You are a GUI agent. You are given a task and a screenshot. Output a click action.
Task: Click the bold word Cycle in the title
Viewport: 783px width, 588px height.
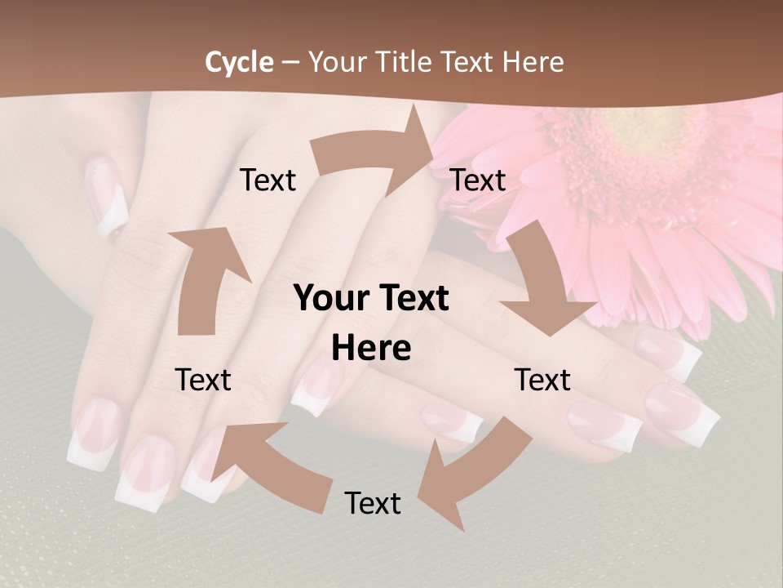[239, 62]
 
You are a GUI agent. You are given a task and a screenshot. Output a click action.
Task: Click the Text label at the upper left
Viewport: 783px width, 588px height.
[268, 180]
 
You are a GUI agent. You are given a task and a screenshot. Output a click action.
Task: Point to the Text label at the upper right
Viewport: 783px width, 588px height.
[478, 180]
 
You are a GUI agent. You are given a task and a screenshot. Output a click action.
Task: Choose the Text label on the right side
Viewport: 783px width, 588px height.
[542, 380]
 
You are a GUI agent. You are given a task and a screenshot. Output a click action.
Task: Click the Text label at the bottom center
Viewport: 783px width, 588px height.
[373, 503]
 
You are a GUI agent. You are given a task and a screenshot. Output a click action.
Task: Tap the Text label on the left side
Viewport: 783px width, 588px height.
[203, 380]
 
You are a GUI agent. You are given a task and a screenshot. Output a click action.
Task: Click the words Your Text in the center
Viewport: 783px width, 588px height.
[371, 299]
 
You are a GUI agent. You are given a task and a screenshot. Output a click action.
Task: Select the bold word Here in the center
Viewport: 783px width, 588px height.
[371, 349]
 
